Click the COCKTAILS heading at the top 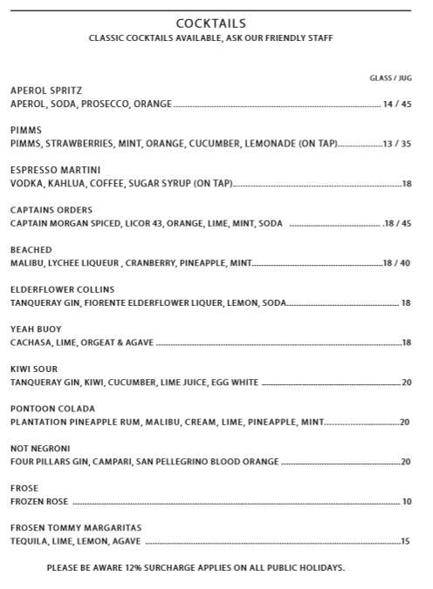coord(210,24)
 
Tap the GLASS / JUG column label coord(390,78)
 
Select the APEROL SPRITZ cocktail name coord(46,91)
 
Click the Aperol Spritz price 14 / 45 coord(396,105)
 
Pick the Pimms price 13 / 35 coord(396,145)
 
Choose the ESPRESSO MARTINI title coord(55,170)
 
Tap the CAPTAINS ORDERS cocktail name coord(51,210)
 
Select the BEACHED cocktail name coord(31,250)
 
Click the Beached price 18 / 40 coord(396,263)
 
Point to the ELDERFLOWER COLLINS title coord(62,289)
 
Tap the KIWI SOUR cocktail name coord(34,369)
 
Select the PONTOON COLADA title coord(52,409)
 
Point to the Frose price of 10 coord(406,502)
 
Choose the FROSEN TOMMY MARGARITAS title coord(75,528)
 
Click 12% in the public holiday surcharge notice coord(127,568)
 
